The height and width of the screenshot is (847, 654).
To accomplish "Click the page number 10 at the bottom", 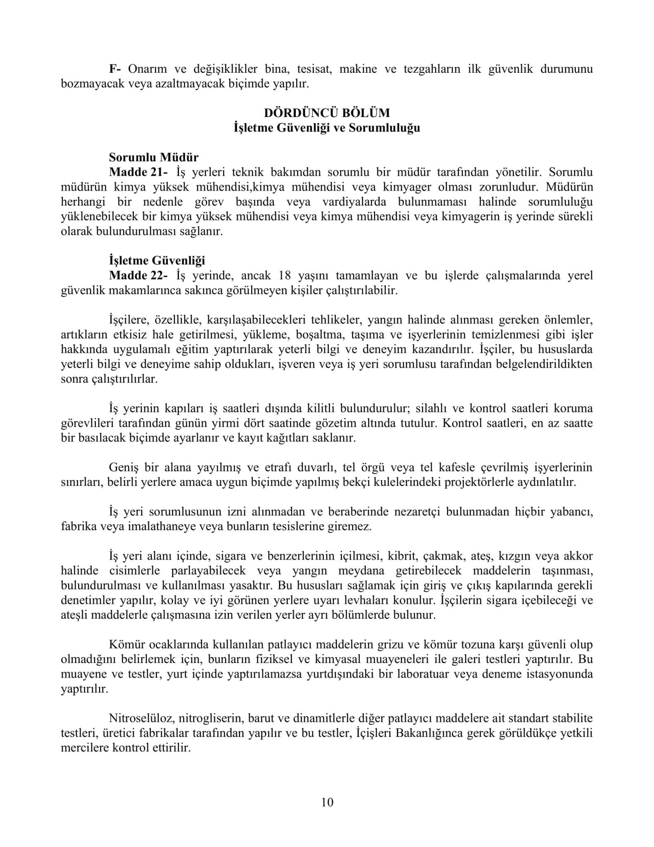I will click(327, 802).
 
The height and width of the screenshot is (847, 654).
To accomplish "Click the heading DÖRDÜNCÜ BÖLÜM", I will click(327, 112).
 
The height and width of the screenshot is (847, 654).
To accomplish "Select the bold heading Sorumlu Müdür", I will click(154, 157).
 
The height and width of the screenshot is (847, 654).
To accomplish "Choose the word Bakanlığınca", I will click(428, 732).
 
